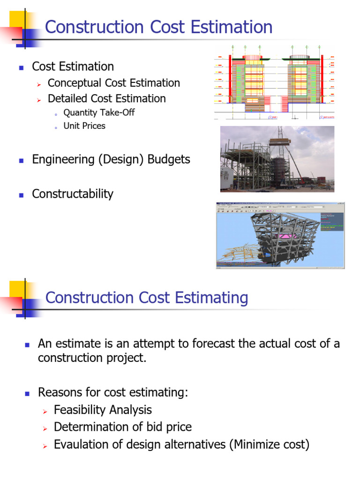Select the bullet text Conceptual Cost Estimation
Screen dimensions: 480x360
(113, 83)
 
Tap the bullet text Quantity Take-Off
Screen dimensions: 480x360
(99, 112)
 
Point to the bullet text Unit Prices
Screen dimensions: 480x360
(84, 126)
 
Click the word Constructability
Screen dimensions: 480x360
(73, 194)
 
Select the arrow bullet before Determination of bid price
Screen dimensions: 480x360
(45, 428)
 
